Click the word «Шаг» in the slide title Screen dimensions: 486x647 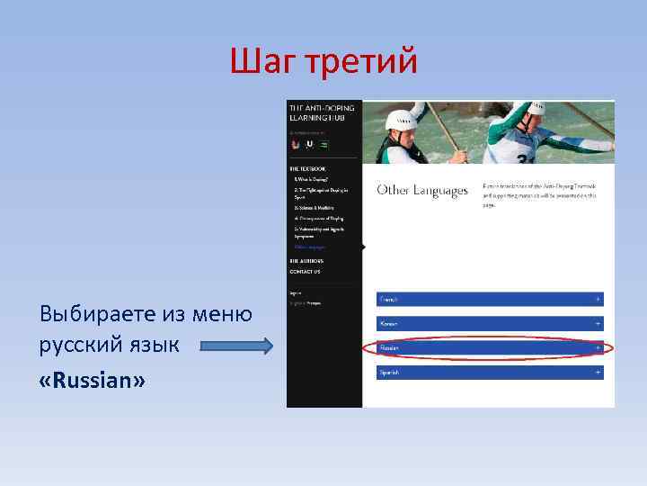coord(261,62)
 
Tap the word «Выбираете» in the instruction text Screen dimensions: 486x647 coord(96,314)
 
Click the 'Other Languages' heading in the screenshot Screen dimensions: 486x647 coord(422,191)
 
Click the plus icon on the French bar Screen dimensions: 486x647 coord(597,299)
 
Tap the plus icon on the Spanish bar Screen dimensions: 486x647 coord(597,372)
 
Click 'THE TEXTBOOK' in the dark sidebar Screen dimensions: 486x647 coord(307,168)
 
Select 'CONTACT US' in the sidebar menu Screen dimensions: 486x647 coord(305,271)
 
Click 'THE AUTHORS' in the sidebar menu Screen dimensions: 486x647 coord(306,261)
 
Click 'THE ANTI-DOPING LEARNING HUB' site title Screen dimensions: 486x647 coord(322,112)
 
